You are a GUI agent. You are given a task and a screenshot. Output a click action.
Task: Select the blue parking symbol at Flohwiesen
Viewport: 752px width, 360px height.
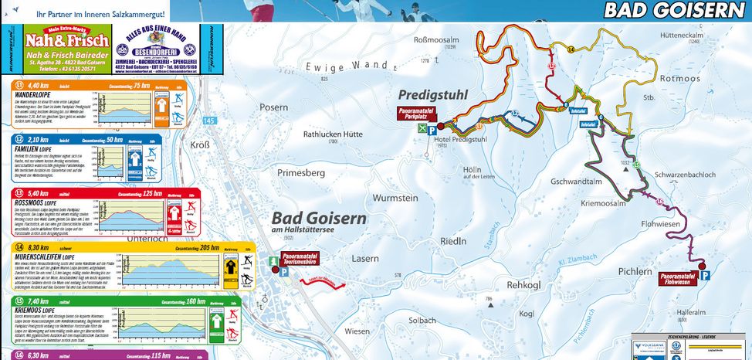(x=706, y=274)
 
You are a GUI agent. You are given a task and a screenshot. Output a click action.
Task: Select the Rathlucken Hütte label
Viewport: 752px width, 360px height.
(x=333, y=134)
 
